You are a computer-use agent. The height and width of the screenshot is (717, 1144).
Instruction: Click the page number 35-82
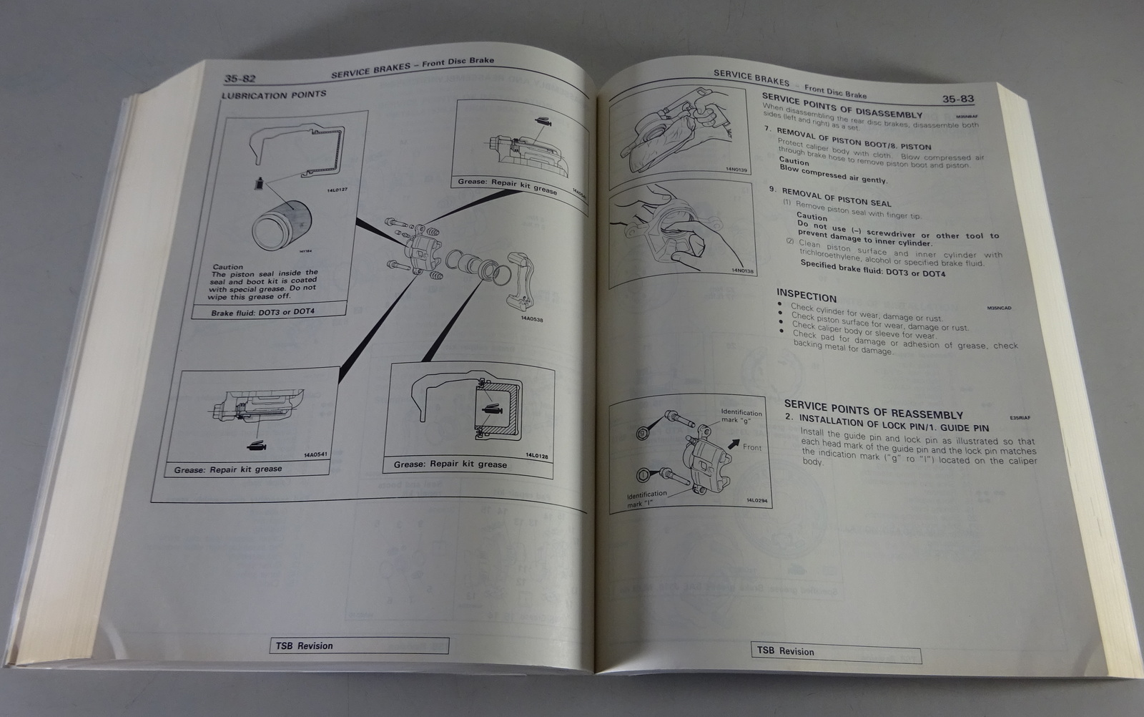click(x=240, y=78)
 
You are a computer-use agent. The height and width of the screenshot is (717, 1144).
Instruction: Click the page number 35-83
click(x=957, y=99)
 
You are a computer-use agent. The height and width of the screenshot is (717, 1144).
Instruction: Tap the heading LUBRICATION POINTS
click(x=274, y=94)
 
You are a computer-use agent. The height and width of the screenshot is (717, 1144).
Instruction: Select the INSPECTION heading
click(x=806, y=297)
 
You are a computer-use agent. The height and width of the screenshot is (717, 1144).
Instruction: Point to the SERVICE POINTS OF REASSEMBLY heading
click(x=873, y=409)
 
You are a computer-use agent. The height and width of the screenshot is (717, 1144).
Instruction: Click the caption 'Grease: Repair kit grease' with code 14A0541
click(x=228, y=469)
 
